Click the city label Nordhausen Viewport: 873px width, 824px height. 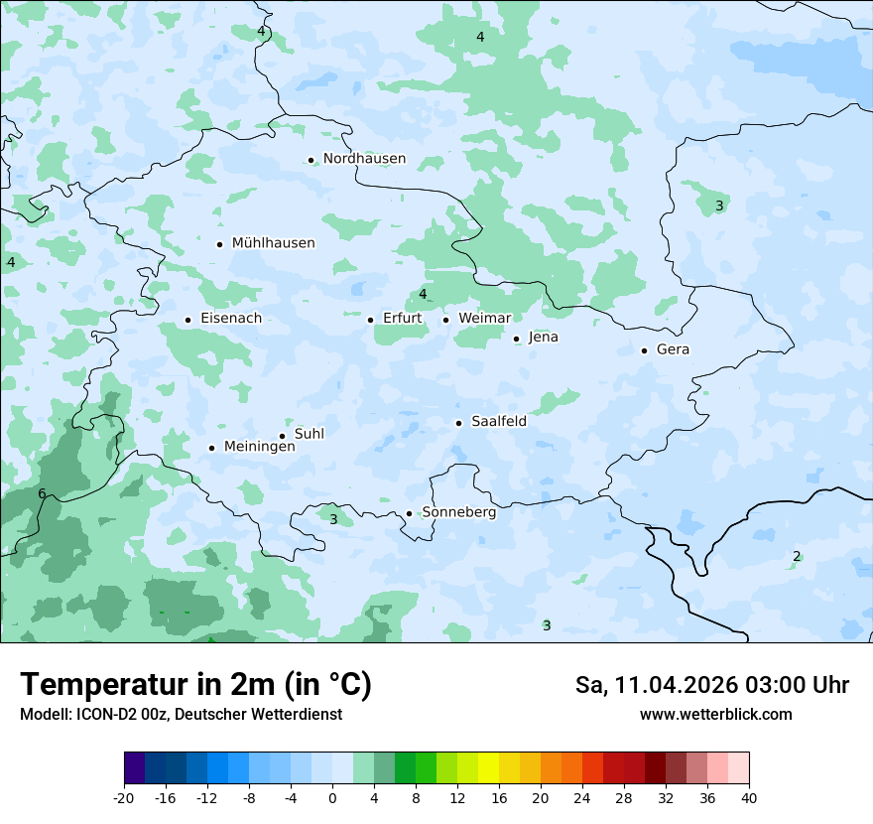[x=364, y=159]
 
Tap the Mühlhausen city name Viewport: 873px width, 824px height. [x=273, y=243]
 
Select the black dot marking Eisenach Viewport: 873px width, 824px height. [x=187, y=320]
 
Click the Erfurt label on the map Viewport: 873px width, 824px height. [x=402, y=319]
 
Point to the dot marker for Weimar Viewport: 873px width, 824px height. [x=445, y=320]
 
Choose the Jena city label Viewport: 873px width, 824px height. [x=543, y=338]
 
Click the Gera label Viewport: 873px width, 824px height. [x=673, y=349]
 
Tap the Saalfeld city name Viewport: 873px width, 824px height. [x=498, y=422]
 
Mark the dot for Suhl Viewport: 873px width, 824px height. [x=282, y=436]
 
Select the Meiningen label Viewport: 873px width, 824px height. [x=259, y=447]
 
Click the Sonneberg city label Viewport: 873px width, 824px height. [x=458, y=512]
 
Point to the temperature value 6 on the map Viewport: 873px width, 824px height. [x=42, y=494]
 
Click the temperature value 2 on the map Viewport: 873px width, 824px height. [x=797, y=556]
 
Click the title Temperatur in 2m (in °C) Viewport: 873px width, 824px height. [x=195, y=685]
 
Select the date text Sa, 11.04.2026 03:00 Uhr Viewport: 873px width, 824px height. [x=711, y=685]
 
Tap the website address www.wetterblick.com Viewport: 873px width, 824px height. [x=715, y=715]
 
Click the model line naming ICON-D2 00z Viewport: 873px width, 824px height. [x=181, y=715]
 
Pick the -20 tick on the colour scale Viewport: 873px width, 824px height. [x=124, y=797]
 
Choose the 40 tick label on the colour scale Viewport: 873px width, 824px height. [x=749, y=797]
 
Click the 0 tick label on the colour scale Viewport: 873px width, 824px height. [x=332, y=797]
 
